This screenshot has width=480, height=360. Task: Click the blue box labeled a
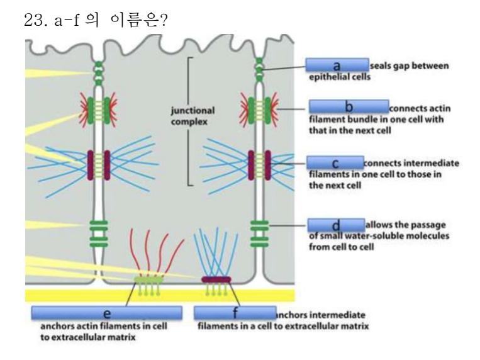click(337, 64)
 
